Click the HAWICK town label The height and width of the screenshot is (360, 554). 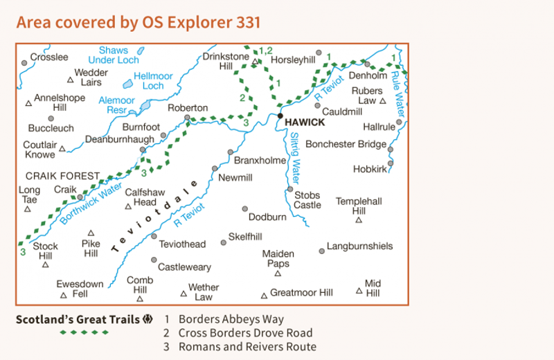[305, 122]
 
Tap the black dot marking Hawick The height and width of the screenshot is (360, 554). [280, 116]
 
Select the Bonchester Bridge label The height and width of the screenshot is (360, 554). [346, 145]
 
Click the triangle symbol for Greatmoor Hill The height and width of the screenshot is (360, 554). [264, 296]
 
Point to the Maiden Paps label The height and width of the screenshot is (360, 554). [278, 259]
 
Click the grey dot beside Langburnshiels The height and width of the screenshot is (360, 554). [321, 251]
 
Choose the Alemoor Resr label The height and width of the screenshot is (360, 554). [116, 105]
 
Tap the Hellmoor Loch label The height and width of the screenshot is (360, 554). [152, 80]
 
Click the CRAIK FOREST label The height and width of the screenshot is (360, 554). [63, 176]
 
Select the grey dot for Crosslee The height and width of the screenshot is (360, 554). [24, 63]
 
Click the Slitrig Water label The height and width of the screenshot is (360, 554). [295, 156]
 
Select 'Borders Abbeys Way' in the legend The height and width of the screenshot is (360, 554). [231, 319]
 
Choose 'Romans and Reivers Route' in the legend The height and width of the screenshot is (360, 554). [247, 347]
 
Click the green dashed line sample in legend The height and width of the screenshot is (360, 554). [84, 333]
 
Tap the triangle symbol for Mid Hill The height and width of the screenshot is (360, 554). [359, 291]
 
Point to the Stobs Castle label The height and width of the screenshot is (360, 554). [307, 199]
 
